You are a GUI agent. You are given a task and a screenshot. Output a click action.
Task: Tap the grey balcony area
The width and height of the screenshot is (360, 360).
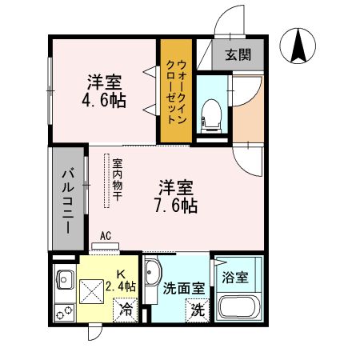(69, 200)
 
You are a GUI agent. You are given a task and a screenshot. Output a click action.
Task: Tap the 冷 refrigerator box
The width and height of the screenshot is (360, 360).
(125, 306)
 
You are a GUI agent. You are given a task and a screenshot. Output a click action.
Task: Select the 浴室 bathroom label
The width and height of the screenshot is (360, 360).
(235, 278)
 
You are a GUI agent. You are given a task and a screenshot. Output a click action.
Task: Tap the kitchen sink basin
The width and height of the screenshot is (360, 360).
(63, 281)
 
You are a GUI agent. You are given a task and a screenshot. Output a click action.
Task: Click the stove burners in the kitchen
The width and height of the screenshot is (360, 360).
(61, 307)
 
